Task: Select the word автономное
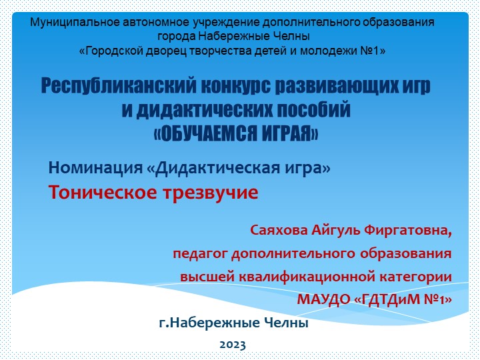(155, 21)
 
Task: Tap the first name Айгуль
(336, 231)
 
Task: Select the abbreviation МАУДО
(326, 299)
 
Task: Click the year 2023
(233, 345)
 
